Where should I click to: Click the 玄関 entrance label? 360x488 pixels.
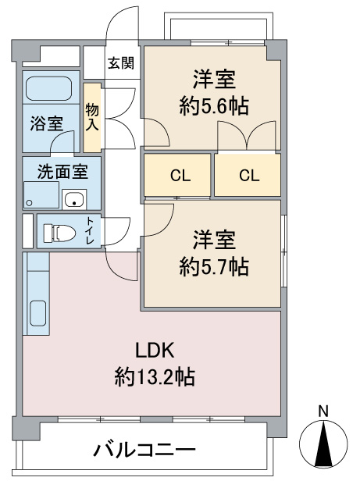point(121,63)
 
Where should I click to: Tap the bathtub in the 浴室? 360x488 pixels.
point(49,88)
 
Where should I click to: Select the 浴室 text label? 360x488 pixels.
point(47,123)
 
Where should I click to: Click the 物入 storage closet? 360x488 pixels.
point(92,118)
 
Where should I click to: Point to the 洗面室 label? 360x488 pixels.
point(62,172)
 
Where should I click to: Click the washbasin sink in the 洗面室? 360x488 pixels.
point(74,200)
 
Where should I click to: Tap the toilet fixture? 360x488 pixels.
point(59,232)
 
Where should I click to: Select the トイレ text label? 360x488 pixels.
point(91,230)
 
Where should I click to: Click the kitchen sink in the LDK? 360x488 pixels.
point(38,313)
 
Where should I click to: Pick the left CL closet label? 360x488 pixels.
point(180,176)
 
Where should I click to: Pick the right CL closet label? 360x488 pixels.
point(249,176)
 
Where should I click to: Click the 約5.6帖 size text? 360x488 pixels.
point(214,106)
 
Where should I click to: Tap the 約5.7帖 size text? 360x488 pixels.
point(214,266)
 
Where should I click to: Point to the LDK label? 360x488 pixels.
point(155,350)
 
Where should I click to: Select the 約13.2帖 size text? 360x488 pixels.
point(155,377)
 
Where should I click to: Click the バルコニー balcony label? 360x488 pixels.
point(145,449)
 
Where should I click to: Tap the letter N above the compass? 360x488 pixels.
point(323,412)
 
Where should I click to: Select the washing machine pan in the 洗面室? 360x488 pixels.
point(41,195)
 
